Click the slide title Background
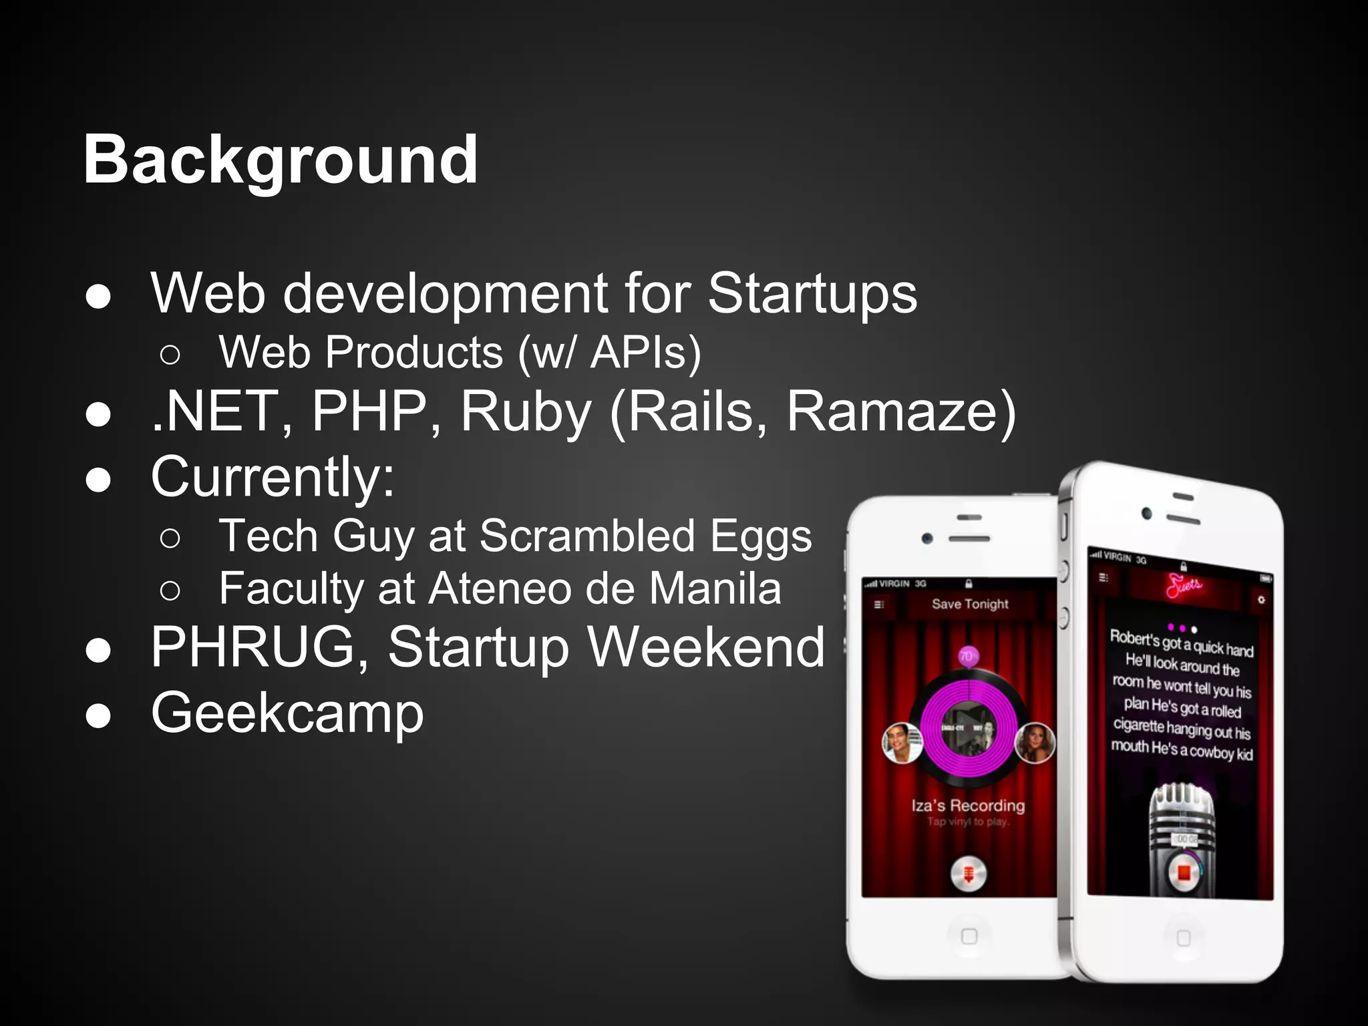(281, 160)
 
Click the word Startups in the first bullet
(812, 294)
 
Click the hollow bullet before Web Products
(170, 355)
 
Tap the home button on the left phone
(969, 936)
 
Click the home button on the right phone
(1183, 938)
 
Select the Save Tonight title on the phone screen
(970, 604)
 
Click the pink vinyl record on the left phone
(969, 728)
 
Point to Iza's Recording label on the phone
(968, 806)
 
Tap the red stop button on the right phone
(1184, 873)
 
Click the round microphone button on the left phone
(968, 873)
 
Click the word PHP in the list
(369, 411)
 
